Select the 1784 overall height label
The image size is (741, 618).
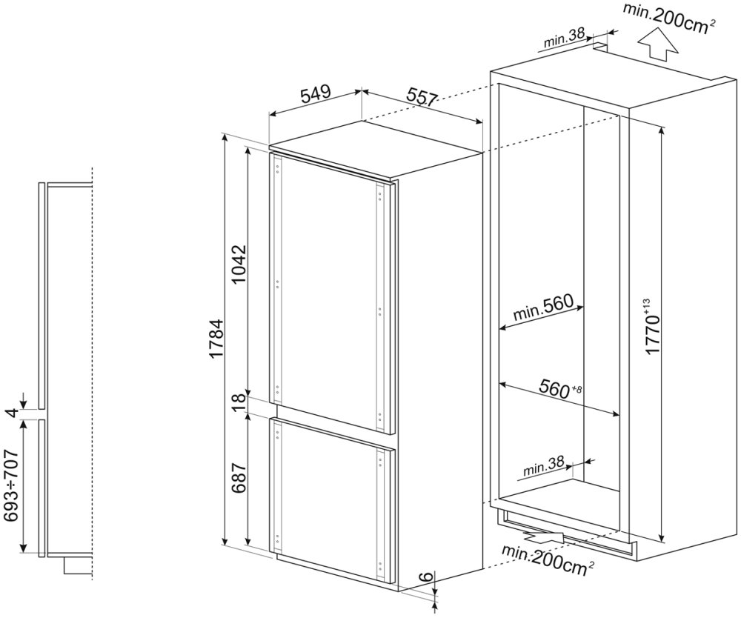216,340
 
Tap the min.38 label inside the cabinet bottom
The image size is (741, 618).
543,468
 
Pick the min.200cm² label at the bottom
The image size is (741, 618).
548,559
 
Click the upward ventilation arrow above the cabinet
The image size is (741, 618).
657,47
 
